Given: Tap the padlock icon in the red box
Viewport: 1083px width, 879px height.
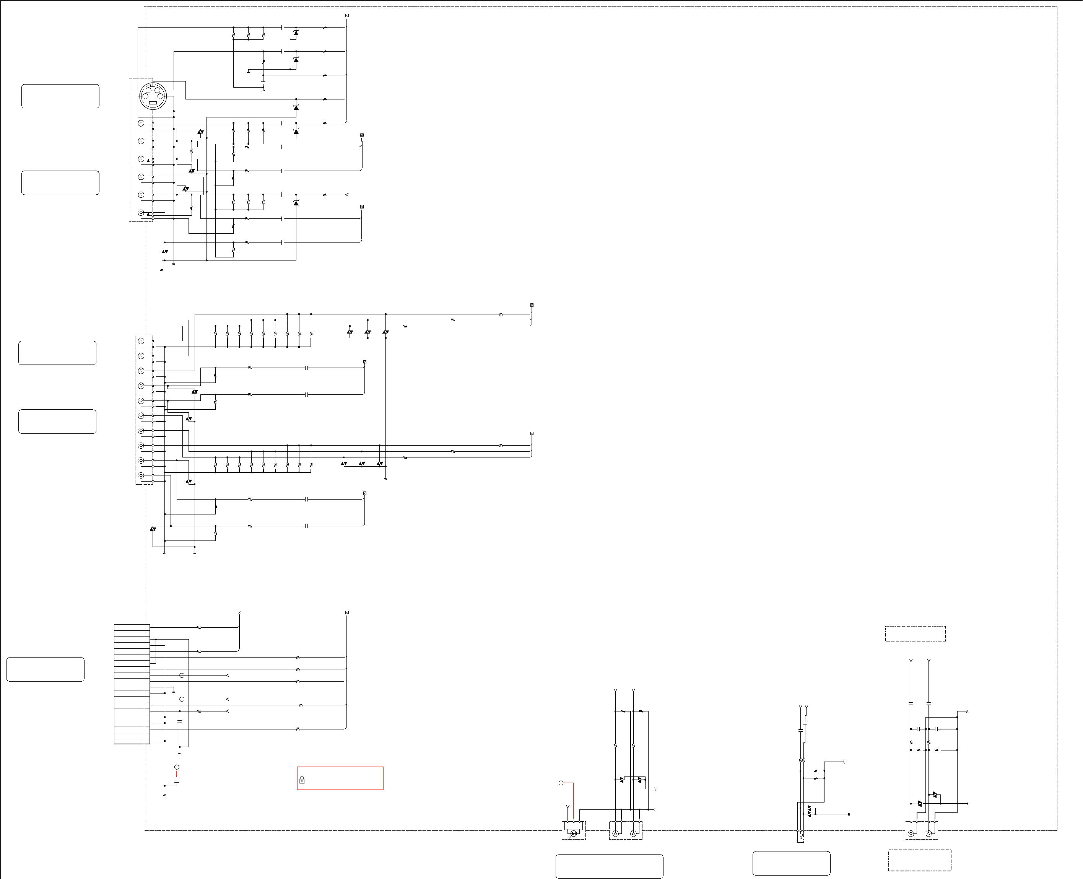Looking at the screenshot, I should coord(302,780).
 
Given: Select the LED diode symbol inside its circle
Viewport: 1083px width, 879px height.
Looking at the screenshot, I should coord(573,833).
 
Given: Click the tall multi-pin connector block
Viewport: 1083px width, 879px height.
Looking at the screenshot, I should coord(132,684).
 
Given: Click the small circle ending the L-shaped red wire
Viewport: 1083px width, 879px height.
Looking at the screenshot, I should coord(561,783).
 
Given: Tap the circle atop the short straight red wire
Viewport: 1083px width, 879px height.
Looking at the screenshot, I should coord(177,768).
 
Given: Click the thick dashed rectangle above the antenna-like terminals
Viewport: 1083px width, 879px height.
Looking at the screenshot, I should coord(915,633).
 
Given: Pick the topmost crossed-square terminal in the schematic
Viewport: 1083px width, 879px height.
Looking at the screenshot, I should coord(347,16).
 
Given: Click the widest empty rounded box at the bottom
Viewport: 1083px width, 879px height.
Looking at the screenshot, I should coord(609,866).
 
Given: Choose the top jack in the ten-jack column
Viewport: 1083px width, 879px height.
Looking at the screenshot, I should coord(141,341).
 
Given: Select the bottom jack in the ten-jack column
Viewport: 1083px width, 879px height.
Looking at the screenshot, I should coord(141,475).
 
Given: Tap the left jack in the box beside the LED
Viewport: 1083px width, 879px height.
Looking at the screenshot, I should coord(615,834).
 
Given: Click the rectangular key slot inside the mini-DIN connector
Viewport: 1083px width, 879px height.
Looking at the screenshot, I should coord(152,103).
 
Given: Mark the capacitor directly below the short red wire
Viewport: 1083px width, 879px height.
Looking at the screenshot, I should coord(177,782).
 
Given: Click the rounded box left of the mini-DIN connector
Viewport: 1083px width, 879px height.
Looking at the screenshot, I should coord(60,96).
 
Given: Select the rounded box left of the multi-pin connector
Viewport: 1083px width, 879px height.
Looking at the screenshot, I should coord(46,669).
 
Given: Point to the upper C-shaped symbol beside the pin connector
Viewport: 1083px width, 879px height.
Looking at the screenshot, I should coord(182,676).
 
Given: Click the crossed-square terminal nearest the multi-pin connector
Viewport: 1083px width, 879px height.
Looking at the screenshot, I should coord(239,613).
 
